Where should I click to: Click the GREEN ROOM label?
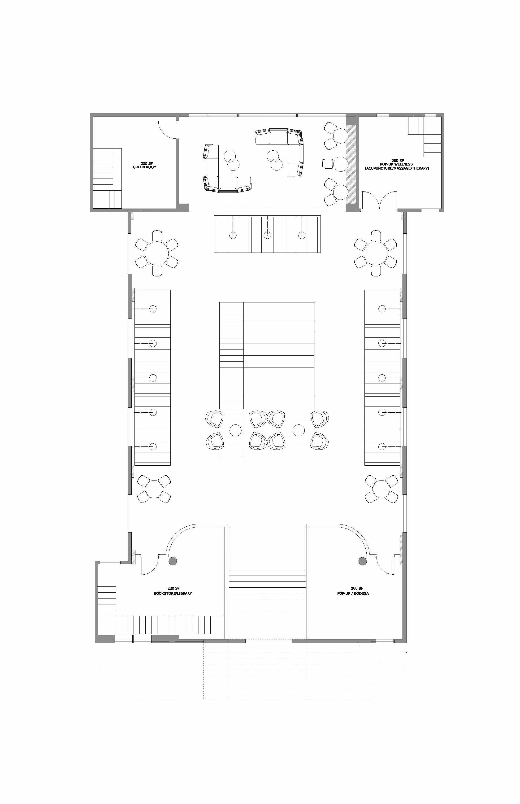[x=144, y=167]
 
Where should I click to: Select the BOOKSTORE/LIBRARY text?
[x=173, y=593]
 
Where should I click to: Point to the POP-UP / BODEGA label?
[x=353, y=593]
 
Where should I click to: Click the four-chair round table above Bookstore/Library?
[x=154, y=489]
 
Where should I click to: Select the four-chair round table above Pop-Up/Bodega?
[x=381, y=489]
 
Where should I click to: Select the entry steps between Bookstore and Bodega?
[x=267, y=572]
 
